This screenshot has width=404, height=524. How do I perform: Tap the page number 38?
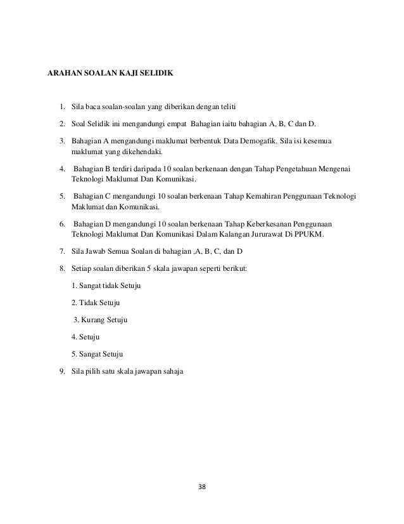(202, 488)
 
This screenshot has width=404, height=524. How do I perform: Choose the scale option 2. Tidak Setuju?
(96, 303)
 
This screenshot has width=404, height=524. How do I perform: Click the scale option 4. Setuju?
(86, 337)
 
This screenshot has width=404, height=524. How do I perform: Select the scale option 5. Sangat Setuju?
(97, 354)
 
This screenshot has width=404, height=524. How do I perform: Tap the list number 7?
(61, 252)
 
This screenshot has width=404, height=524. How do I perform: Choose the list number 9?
(61, 371)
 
